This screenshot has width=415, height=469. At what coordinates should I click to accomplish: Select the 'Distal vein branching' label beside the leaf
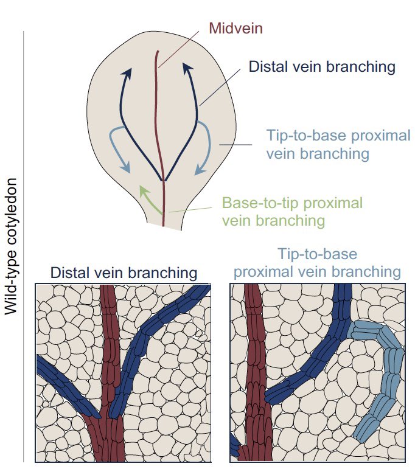pyautogui.click(x=322, y=66)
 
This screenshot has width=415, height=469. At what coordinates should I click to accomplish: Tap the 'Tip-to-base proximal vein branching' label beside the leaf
pyautogui.click(x=338, y=144)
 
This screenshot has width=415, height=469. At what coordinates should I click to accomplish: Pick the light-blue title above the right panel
pyautogui.click(x=317, y=262)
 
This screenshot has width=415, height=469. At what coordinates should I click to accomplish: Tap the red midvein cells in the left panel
pyautogui.click(x=110, y=365)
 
